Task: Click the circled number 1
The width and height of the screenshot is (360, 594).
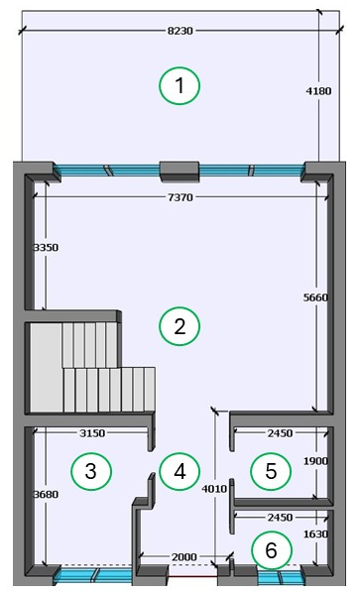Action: pos(180,85)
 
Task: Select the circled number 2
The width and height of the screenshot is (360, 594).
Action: pos(180,326)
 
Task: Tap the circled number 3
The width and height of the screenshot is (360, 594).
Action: pos(91,471)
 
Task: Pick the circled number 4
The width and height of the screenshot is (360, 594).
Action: pos(180,471)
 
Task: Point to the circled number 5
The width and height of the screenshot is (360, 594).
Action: pos(271,471)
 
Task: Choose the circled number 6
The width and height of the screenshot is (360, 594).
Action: pos(272,550)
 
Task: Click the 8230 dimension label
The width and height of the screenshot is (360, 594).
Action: pos(180,31)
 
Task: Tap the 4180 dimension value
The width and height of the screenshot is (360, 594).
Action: pos(318,91)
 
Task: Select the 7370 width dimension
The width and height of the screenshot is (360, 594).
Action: pos(180,197)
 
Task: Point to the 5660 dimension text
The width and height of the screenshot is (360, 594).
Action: pos(315,297)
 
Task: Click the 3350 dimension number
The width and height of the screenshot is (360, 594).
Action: pos(46,247)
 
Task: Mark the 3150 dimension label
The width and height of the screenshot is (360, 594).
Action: pos(92,433)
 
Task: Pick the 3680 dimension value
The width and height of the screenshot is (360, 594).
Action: pos(46,494)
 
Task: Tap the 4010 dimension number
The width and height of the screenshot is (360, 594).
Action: pos(214,489)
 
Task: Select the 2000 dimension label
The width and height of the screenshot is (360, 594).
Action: pos(184,557)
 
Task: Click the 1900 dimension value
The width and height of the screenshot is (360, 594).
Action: pos(315,461)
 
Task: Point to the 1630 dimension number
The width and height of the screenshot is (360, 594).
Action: pos(315,534)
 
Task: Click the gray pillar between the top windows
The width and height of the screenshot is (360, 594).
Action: pos(180,172)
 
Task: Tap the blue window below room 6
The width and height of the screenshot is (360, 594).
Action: pos(280,576)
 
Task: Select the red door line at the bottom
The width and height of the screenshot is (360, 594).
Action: pos(192,576)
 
